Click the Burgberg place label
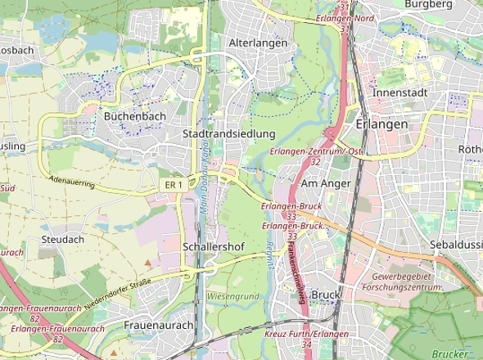click(x=429, y=4)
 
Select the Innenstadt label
click(x=399, y=92)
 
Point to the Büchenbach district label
click(x=135, y=117)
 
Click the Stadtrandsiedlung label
click(x=228, y=133)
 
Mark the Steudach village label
click(x=62, y=240)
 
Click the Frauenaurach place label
click(x=159, y=325)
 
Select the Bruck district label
click(x=325, y=295)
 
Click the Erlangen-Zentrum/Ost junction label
click(x=316, y=152)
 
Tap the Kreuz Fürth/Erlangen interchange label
click(x=306, y=335)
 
